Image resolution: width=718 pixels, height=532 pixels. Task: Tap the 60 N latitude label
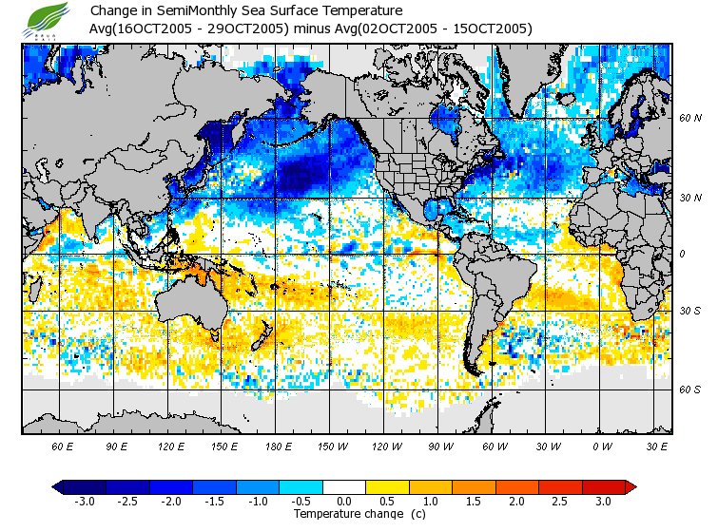coord(689,119)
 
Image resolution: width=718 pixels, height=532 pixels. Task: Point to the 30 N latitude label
coord(689,197)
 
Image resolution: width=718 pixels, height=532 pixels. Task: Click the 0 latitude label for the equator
coord(682,254)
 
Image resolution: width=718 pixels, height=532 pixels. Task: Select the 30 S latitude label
coord(689,311)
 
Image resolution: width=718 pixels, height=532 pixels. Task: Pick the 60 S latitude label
coord(689,389)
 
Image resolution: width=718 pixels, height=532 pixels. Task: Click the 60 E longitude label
coord(63,446)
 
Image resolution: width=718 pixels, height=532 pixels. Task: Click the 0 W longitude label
coord(601,446)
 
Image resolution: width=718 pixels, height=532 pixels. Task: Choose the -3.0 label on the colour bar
coord(84,502)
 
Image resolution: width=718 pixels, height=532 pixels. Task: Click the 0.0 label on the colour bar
coord(344,502)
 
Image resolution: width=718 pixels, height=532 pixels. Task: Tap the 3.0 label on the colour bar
coord(604,502)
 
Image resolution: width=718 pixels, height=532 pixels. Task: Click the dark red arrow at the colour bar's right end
coord(631,487)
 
